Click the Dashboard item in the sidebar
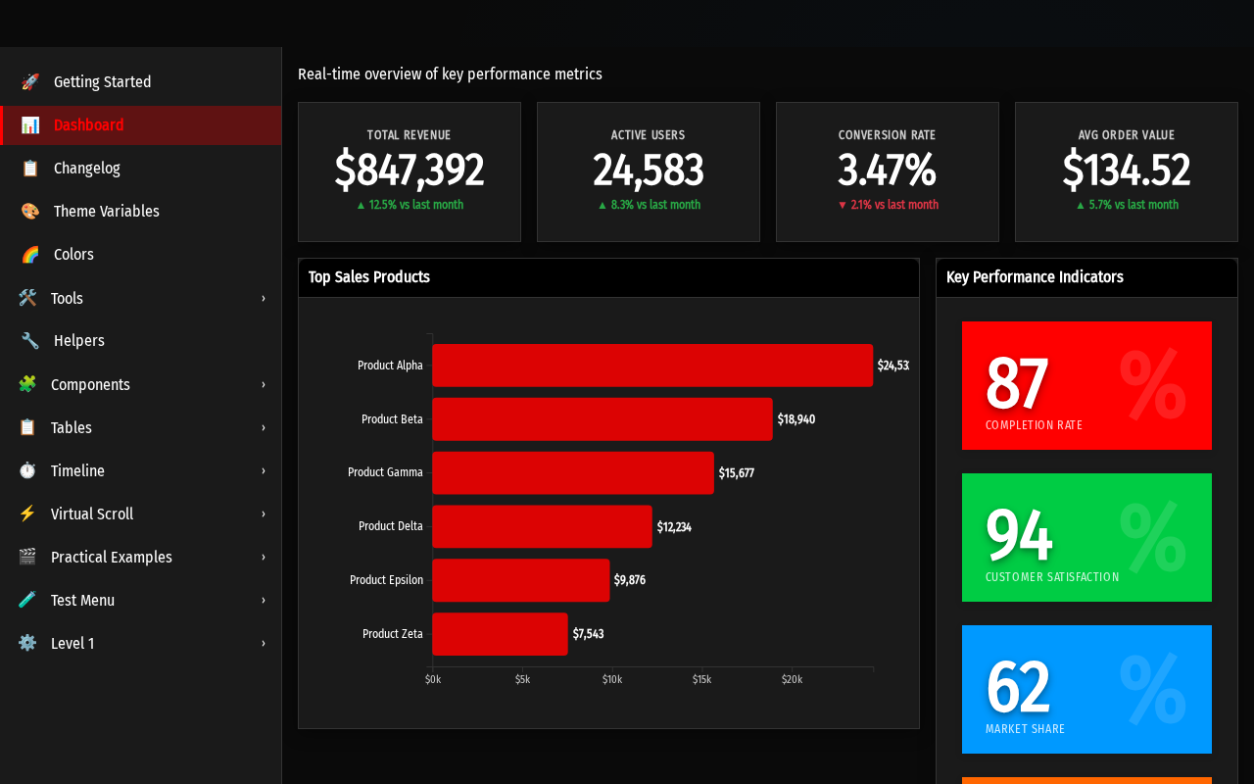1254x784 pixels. pyautogui.click(x=88, y=124)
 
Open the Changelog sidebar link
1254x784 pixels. pyautogui.click(x=87, y=168)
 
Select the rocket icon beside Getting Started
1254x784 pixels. pyautogui.click(x=29, y=81)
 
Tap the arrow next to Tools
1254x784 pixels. pyautogui.click(x=264, y=298)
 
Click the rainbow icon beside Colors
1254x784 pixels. pyautogui.click(x=29, y=254)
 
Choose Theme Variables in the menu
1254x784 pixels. pyautogui.click(x=107, y=211)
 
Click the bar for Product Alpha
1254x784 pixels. pyautogui.click(x=652, y=366)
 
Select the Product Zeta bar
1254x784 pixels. pyautogui.click(x=500, y=634)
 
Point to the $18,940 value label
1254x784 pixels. pyautogui.click(x=796, y=418)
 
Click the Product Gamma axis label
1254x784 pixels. pyautogui.click(x=385, y=472)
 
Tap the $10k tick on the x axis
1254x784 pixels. pyautogui.click(x=612, y=679)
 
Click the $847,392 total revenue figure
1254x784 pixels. pyautogui.click(x=410, y=170)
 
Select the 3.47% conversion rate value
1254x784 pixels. pyautogui.click(x=887, y=170)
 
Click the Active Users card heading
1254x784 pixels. pyautogui.click(x=648, y=135)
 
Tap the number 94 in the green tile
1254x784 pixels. pyautogui.click(x=1019, y=534)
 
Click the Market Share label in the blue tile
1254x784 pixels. pyautogui.click(x=1025, y=728)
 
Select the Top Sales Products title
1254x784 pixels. pyautogui.click(x=369, y=277)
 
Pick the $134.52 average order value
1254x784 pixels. pyautogui.click(x=1126, y=170)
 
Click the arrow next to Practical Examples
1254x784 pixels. pyautogui.click(x=264, y=557)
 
